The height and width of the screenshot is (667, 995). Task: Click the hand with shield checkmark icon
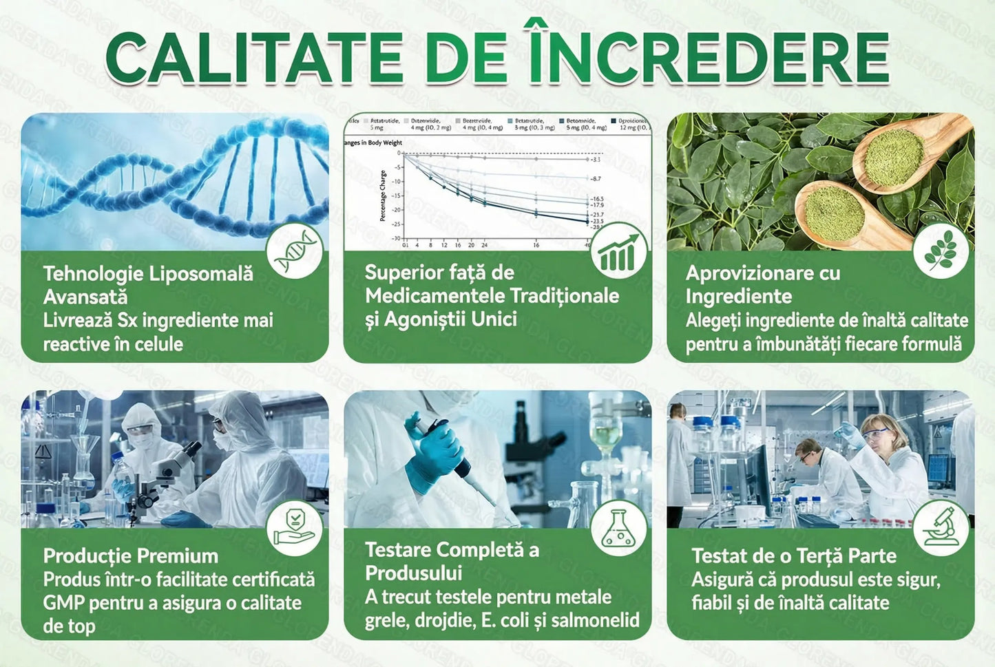click(294, 528)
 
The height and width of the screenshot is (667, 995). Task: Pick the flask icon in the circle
click(618, 529)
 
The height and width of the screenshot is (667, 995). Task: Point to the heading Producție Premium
click(130, 555)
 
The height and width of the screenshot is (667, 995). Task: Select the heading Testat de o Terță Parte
click(794, 555)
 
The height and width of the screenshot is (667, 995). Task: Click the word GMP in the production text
click(64, 603)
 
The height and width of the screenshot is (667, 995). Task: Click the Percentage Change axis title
click(383, 196)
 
